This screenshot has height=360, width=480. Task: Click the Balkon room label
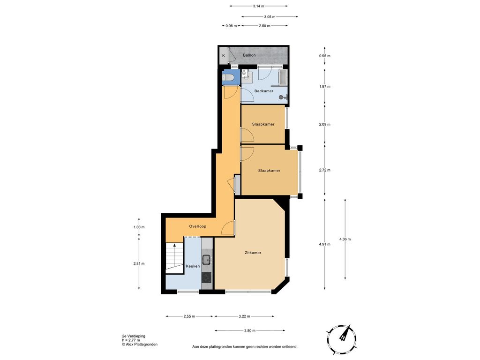(x=249, y=55)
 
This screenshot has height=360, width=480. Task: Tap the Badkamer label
(x=263, y=91)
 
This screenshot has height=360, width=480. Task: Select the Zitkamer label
(x=253, y=253)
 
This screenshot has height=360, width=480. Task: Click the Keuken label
(x=193, y=266)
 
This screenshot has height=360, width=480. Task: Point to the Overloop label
(x=197, y=226)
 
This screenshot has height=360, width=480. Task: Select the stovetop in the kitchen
(x=207, y=277)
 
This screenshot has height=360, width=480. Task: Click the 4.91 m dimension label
(x=324, y=244)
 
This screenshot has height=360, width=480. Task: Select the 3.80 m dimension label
(x=249, y=330)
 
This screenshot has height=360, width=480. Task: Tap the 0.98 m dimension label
(x=231, y=26)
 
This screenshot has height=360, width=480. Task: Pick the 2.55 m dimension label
(x=189, y=316)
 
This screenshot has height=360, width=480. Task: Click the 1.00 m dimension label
(x=139, y=227)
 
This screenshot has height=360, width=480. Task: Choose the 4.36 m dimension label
(x=345, y=239)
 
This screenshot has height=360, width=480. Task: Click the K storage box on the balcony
(x=224, y=56)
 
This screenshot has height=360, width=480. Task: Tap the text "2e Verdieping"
(x=134, y=336)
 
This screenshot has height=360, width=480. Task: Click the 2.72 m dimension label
(x=324, y=170)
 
